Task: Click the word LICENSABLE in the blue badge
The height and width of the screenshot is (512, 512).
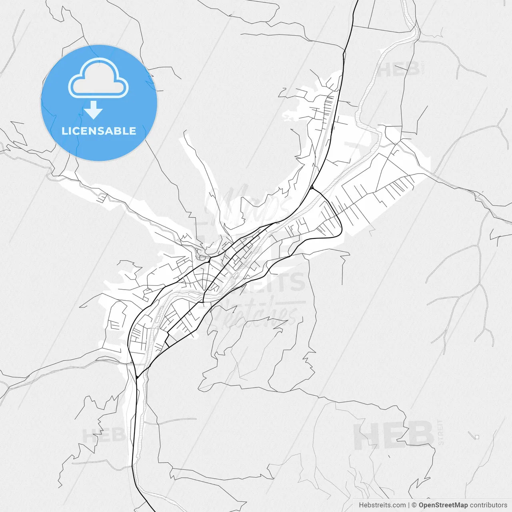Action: (99, 131)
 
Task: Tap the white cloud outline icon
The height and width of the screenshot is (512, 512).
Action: (98, 78)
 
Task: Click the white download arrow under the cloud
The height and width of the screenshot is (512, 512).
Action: (94, 110)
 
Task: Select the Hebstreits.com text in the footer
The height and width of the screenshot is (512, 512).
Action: (382, 505)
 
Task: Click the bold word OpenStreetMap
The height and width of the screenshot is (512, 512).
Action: (443, 505)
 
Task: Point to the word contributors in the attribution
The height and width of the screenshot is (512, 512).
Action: (488, 505)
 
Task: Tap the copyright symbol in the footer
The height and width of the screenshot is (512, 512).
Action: (414, 505)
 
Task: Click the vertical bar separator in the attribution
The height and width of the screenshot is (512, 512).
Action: (409, 505)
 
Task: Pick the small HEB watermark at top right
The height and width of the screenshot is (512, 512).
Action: (398, 70)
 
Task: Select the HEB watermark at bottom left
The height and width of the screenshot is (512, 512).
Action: (103, 435)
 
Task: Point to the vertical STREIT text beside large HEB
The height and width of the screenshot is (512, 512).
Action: (441, 432)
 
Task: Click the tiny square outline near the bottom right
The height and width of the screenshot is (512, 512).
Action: (477, 437)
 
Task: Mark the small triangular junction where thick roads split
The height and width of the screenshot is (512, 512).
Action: (311, 187)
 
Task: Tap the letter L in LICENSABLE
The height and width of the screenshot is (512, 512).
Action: (64, 131)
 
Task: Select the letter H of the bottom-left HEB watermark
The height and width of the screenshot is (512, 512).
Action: (89, 435)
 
